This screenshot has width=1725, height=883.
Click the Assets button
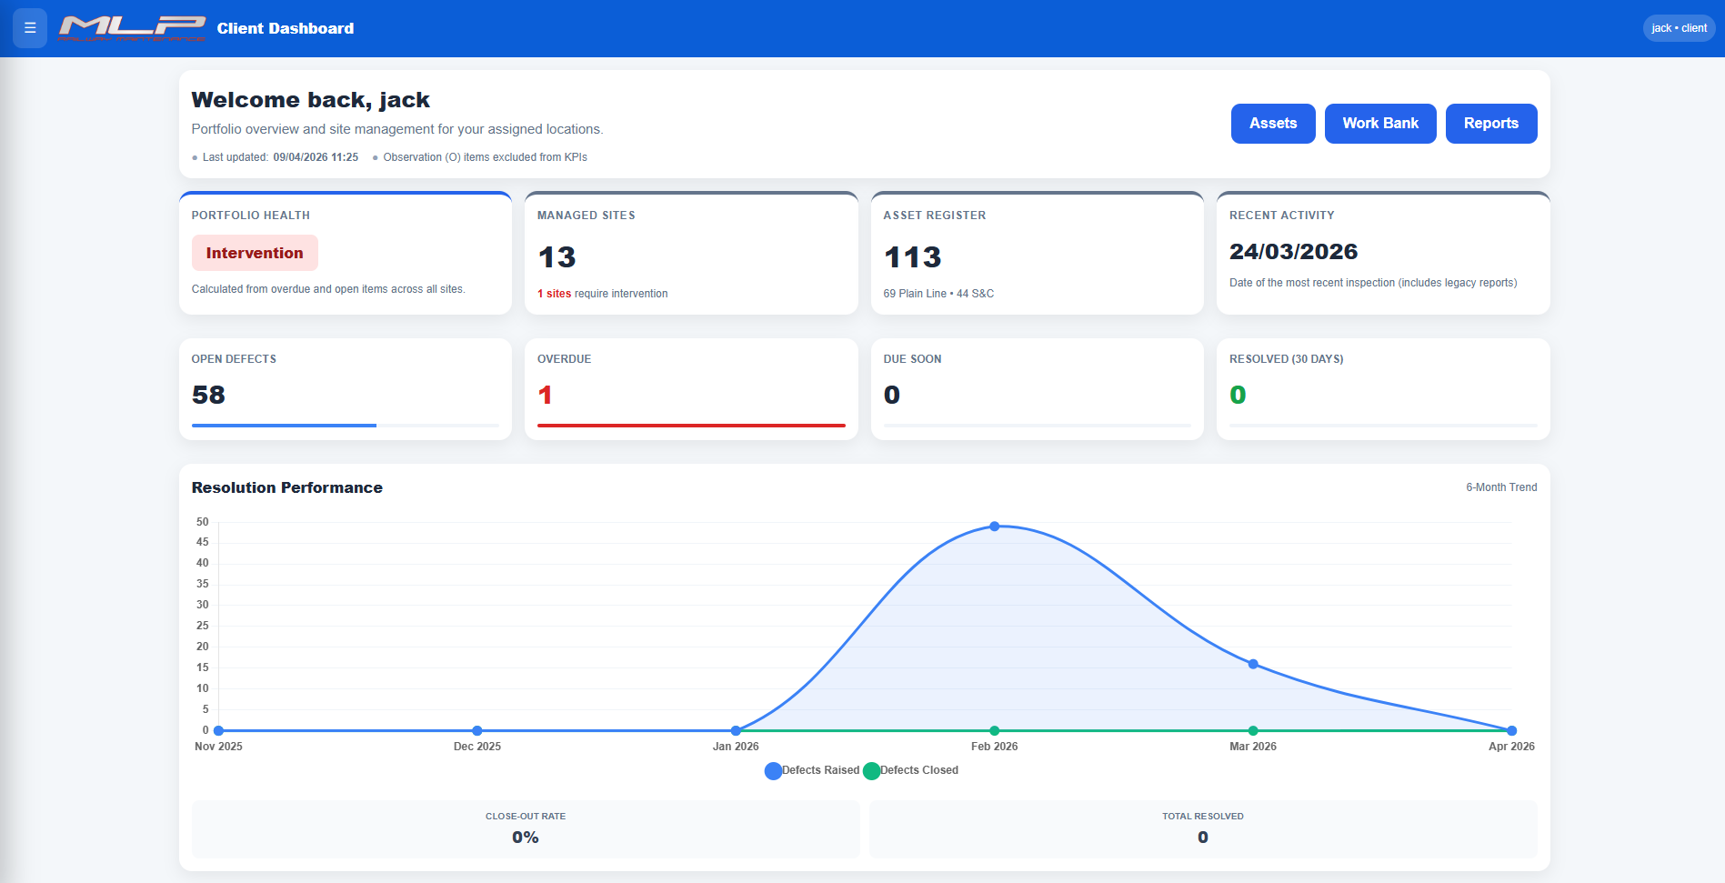point(1272,124)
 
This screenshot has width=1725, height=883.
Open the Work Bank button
point(1379,124)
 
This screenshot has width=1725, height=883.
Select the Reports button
point(1490,124)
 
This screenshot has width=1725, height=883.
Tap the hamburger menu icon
point(30,28)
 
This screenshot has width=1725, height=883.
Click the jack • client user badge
point(1679,28)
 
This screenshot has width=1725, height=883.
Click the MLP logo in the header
point(132,28)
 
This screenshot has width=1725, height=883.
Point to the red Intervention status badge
point(255,253)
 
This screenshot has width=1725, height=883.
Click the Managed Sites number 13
point(557,257)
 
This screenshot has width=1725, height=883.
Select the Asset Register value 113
point(912,257)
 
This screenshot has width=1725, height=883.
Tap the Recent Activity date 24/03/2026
point(1293,252)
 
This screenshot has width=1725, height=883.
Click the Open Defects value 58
point(208,395)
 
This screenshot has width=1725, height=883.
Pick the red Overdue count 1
point(545,395)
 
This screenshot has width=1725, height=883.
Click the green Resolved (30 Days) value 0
point(1238,395)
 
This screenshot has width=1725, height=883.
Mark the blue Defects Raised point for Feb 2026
point(994,527)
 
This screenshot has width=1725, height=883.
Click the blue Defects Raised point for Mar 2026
point(1253,664)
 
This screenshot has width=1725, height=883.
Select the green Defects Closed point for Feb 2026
point(994,730)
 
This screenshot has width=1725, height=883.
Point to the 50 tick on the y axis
point(202,522)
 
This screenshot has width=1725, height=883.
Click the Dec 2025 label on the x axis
point(476,747)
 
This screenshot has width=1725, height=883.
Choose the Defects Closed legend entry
point(911,770)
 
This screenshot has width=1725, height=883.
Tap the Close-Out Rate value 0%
point(525,838)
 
